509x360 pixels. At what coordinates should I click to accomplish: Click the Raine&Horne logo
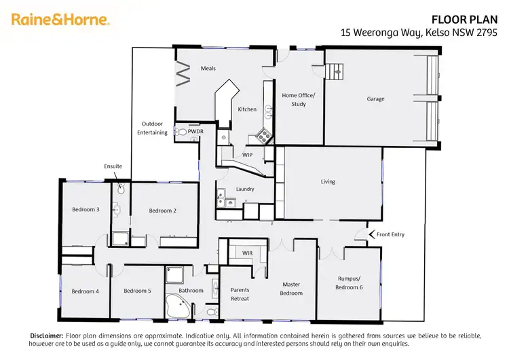[60, 20]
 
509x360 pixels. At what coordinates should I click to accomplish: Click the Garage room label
[375, 99]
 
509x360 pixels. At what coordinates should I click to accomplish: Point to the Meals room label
[208, 69]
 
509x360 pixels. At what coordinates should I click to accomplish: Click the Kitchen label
[246, 109]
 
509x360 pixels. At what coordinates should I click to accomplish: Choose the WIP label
[248, 155]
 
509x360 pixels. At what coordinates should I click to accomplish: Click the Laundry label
[245, 189]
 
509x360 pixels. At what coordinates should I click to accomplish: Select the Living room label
[328, 182]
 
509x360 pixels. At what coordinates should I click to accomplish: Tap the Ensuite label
[113, 166]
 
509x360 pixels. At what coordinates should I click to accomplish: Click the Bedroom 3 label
[86, 209]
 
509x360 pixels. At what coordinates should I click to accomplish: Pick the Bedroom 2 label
[163, 211]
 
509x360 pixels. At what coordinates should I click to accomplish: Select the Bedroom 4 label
[85, 291]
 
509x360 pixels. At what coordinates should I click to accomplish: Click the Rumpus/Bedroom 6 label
[350, 282]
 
